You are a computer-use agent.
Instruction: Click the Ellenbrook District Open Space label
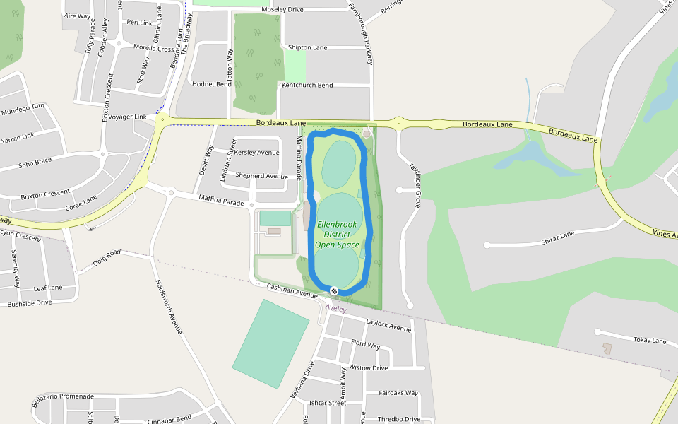pos(337,235)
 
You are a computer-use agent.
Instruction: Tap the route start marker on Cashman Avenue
pos(333,291)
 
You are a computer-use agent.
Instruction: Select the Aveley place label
pos(335,309)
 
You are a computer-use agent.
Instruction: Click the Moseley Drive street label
pos(282,10)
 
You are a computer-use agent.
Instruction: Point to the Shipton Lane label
pos(307,47)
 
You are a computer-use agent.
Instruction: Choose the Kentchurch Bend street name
pos(307,85)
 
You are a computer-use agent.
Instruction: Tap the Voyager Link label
pos(127,117)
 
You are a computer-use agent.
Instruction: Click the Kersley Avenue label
pos(256,153)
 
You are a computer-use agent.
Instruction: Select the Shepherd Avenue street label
pos(261,176)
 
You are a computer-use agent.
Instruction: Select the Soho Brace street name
pos(35,163)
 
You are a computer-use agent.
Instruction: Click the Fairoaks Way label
pos(398,393)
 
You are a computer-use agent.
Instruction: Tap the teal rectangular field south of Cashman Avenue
pos(270,343)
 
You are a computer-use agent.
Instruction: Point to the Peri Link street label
pos(139,23)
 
